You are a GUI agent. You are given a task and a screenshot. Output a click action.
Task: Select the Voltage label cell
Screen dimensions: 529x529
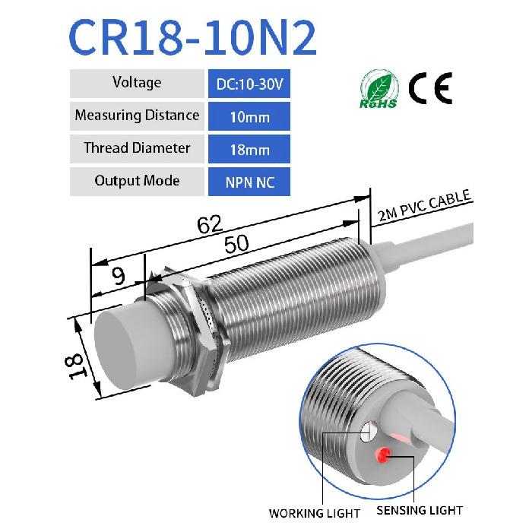[x=137, y=83]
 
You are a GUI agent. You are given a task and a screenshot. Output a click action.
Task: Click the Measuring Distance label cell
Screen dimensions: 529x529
[x=137, y=116]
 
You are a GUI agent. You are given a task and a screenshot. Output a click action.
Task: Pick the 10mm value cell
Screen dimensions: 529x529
[x=249, y=116]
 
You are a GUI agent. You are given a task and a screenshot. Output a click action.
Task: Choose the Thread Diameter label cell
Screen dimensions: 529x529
[x=137, y=148]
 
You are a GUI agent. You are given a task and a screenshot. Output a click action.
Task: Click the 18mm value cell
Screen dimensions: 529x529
[x=249, y=149]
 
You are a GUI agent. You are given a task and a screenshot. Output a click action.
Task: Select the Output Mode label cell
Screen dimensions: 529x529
[x=137, y=181]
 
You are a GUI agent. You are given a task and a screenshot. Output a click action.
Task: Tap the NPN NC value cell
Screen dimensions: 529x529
[x=249, y=182]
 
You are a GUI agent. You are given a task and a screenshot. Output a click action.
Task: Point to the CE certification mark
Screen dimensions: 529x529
[x=430, y=89]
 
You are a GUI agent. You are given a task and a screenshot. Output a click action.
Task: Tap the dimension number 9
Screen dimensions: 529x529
[x=118, y=276]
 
